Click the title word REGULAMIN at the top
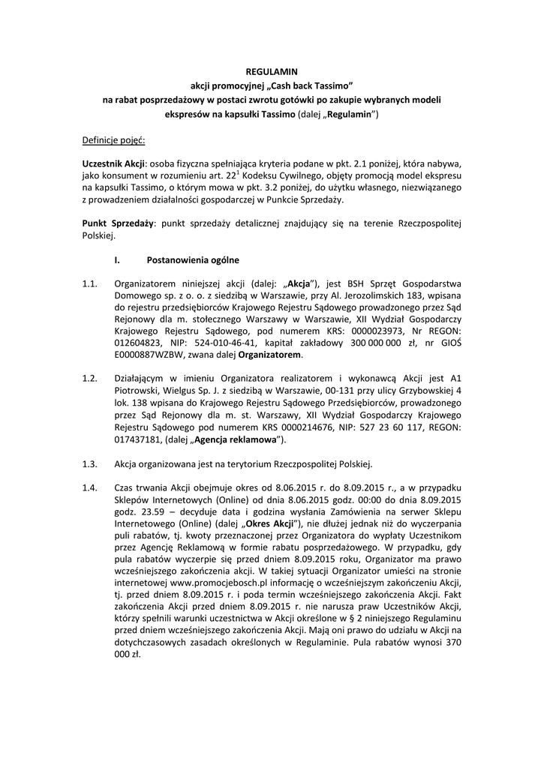pos(272,71)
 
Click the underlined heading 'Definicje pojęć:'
pos(113,140)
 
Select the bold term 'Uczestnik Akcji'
pos(113,164)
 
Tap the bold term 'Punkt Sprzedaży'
pos(118,224)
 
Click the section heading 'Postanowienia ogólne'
pos(193,260)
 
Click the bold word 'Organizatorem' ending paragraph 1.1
pos(271,355)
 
